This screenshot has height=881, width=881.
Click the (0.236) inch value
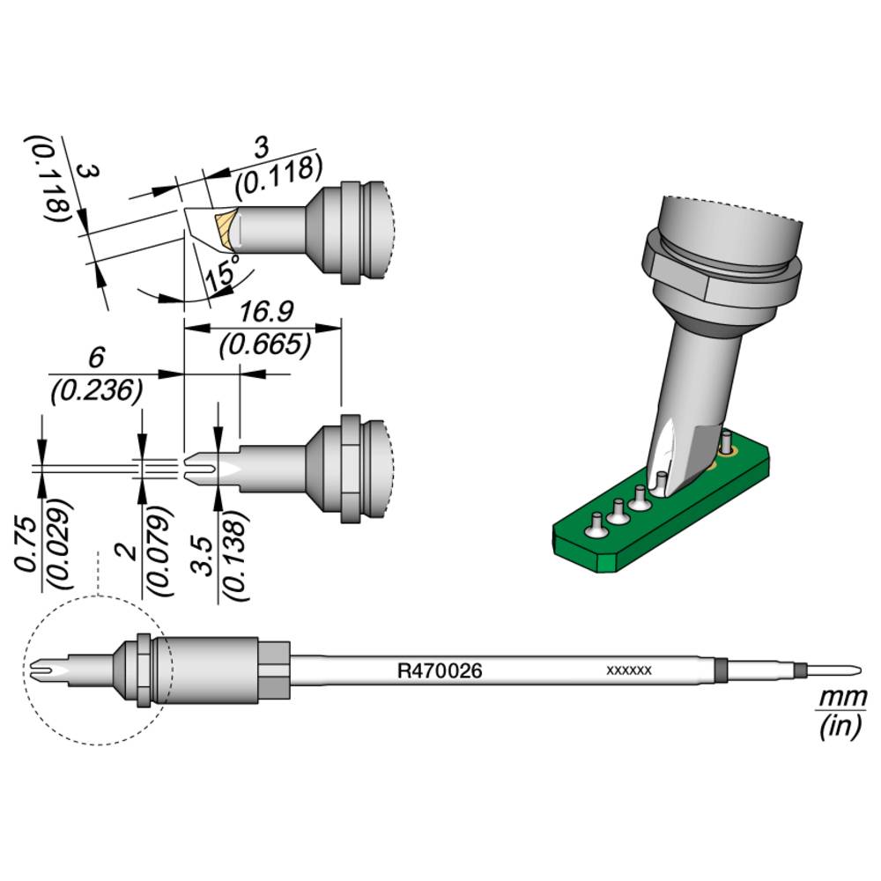(x=97, y=390)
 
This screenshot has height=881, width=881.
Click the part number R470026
(x=440, y=671)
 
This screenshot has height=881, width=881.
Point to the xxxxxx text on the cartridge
(x=629, y=670)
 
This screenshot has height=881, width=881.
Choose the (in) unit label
(x=838, y=729)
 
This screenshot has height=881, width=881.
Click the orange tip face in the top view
(x=226, y=227)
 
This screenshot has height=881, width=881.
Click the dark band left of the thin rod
(x=721, y=670)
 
